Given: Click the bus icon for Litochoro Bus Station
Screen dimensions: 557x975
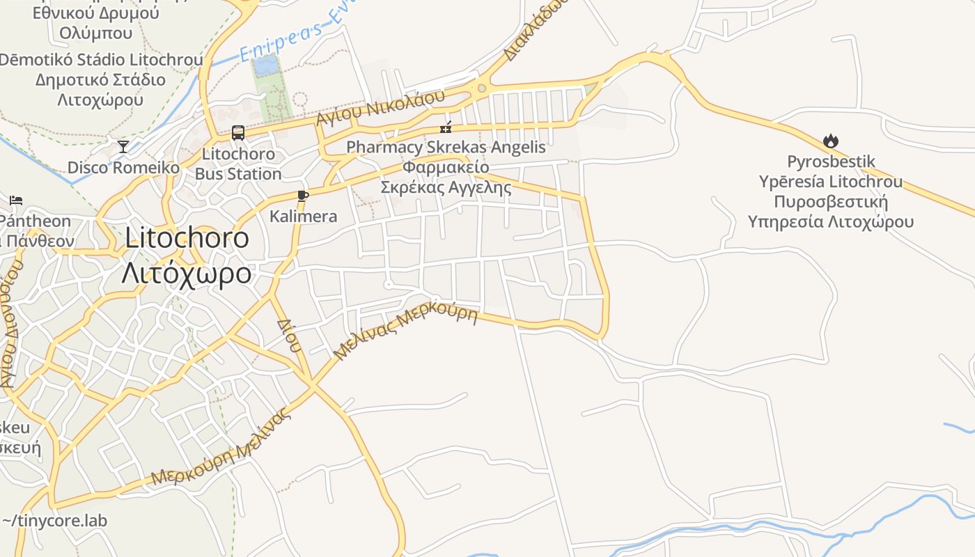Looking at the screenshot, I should point(237,132).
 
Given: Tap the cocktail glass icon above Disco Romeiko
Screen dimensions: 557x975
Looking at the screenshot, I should point(123,146).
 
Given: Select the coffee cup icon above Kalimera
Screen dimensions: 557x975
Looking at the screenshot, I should point(302,196).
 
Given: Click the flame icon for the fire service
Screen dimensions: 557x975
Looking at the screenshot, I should point(830,141).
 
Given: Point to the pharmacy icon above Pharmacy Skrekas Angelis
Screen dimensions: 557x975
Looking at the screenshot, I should point(446,127).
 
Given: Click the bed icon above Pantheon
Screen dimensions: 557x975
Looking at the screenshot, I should point(16,201).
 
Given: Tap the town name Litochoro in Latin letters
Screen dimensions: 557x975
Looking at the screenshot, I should point(187,238).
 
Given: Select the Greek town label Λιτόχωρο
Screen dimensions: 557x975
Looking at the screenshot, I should point(186,273).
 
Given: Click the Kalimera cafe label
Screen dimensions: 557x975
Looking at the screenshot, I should point(303,217).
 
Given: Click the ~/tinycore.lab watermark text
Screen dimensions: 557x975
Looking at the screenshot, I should point(54,520).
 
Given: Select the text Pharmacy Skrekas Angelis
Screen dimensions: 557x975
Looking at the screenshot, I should point(446,148).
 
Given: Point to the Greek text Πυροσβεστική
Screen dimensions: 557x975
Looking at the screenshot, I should point(830,202).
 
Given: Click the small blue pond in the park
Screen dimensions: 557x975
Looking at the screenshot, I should point(265,66).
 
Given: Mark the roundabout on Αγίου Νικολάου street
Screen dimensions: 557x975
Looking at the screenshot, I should point(481,88).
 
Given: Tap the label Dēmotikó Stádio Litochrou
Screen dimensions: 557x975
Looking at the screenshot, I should point(101,60).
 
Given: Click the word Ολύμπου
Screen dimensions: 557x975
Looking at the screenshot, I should point(95,33).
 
